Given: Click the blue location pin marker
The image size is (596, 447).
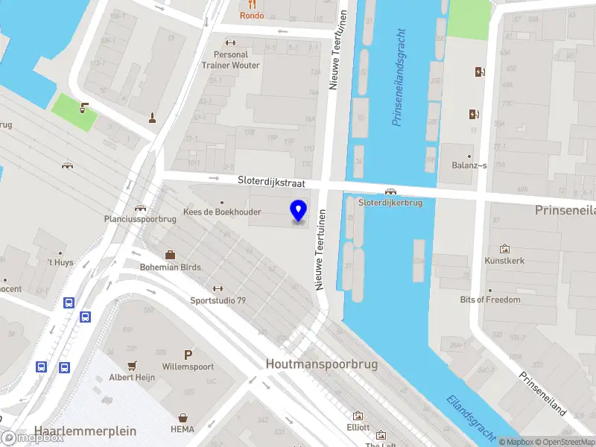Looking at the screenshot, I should [299, 211].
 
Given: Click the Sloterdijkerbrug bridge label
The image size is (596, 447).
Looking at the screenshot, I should [390, 202].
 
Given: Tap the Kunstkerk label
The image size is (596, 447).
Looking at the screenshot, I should [505, 261].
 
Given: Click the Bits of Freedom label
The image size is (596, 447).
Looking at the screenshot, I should [489, 299].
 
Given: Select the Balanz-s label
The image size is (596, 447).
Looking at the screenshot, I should [468, 165].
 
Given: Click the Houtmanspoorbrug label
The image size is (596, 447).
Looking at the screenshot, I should [322, 364].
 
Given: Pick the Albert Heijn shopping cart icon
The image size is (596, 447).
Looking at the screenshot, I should [133, 366].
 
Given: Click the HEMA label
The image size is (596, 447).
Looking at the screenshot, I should [182, 430].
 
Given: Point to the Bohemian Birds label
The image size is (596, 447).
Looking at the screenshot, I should [170, 267].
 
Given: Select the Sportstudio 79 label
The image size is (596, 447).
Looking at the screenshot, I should [218, 300].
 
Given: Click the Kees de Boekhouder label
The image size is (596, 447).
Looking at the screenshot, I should [221, 212].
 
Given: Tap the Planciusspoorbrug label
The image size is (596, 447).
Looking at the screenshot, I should [139, 219].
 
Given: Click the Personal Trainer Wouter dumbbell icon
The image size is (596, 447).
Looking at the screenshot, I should [229, 42].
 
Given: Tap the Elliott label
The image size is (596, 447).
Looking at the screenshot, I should [358, 428].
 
